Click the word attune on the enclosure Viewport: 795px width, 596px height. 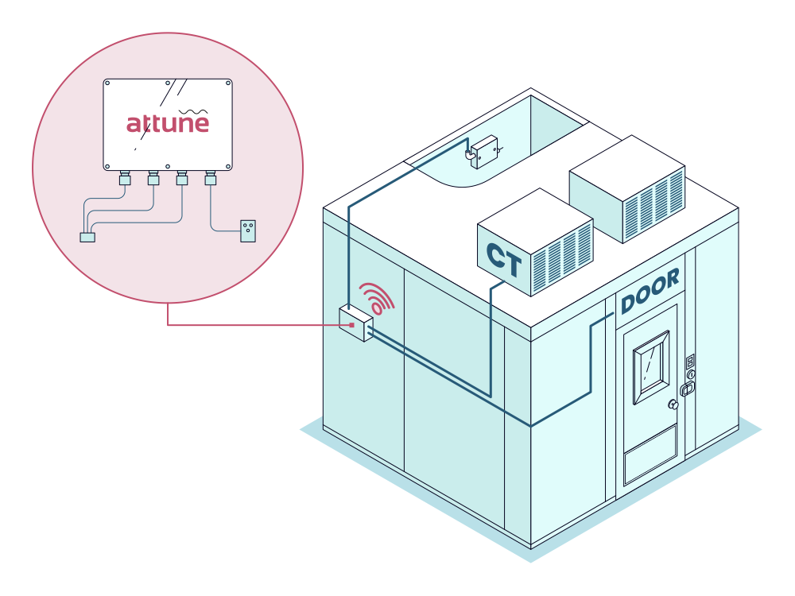coord(168,123)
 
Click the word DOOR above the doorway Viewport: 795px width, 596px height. coord(650,291)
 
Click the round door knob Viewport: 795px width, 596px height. coord(673,404)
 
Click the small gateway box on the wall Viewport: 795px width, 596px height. coord(355,323)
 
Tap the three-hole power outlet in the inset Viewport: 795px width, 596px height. coord(248,230)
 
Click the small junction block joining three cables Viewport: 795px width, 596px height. coord(87,236)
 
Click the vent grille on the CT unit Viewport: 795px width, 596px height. coord(561,256)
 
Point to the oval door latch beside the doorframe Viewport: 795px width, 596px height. coord(688,389)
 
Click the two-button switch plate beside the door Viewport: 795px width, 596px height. coord(689,362)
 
